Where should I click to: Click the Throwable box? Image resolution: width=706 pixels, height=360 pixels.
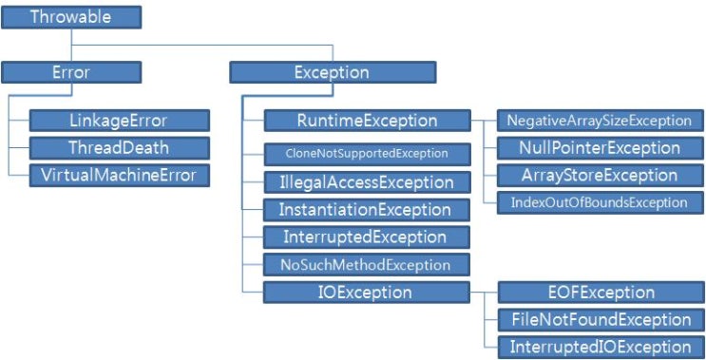(x=71, y=17)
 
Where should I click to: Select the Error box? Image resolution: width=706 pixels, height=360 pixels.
(x=71, y=72)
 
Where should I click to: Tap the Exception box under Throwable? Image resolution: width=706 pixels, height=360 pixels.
(x=333, y=72)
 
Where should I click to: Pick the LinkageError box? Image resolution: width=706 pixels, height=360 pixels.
(x=120, y=121)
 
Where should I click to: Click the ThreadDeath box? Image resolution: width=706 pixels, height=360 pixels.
(x=120, y=148)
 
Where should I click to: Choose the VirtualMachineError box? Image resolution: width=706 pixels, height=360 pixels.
(x=120, y=176)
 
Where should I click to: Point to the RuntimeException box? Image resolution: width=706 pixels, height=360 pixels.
(x=367, y=121)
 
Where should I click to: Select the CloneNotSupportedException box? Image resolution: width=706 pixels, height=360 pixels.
(x=367, y=154)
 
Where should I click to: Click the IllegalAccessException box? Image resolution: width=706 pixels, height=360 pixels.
(x=367, y=182)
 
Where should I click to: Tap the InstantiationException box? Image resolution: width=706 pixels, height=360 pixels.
(x=367, y=210)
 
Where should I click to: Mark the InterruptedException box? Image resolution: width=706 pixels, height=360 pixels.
(x=367, y=237)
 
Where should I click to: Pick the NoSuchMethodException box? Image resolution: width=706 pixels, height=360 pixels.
(x=367, y=265)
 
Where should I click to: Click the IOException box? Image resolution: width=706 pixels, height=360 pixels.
(x=367, y=293)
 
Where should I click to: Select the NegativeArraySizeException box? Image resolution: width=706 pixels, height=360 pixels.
(x=601, y=121)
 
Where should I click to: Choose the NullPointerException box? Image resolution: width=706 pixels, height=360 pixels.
(x=601, y=148)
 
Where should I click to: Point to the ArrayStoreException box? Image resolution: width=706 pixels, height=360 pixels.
(x=601, y=176)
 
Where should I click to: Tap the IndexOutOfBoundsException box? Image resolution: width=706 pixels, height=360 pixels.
(x=601, y=202)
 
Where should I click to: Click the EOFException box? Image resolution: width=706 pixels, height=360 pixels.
(x=601, y=293)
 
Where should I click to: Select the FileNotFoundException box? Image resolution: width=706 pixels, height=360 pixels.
(x=601, y=320)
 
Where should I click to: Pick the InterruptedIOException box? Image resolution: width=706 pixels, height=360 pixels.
(x=601, y=347)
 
